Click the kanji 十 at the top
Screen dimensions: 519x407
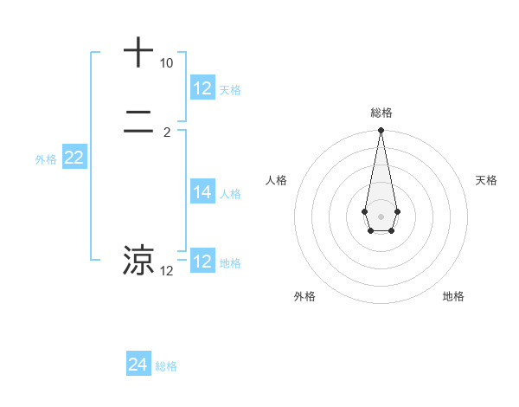click(138, 53)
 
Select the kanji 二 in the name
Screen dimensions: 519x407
click(138, 124)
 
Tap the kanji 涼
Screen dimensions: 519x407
click(138, 261)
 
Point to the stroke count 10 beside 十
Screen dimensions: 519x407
click(166, 64)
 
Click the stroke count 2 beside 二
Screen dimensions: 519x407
click(166, 133)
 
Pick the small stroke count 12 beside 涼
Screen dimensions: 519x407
click(166, 271)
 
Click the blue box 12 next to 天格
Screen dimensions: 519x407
click(202, 88)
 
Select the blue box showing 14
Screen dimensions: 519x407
click(202, 192)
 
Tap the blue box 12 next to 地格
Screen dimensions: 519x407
click(202, 262)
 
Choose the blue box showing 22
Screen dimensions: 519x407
click(74, 158)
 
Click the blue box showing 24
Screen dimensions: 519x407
click(138, 365)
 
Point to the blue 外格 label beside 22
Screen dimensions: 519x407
click(46, 159)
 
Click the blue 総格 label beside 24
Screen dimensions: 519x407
click(166, 366)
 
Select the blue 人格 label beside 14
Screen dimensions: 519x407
click(231, 194)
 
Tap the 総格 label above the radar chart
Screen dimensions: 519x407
click(381, 113)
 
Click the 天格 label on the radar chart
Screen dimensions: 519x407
click(486, 180)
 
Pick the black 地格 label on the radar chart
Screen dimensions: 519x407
click(453, 296)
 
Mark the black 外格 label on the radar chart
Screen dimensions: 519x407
click(304, 296)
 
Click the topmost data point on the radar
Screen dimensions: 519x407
click(381, 131)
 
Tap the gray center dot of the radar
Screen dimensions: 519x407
click(381, 216)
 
